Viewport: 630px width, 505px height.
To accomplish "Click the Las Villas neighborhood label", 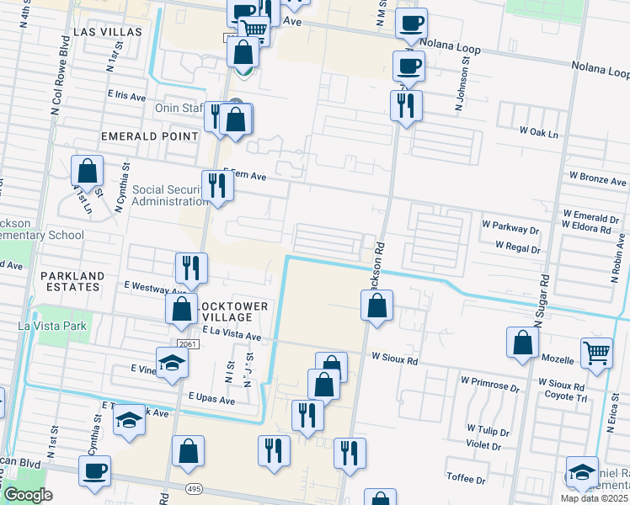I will click(x=107, y=31).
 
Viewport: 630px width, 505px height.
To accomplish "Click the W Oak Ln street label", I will click(x=539, y=132).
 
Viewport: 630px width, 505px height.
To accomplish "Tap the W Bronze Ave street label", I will click(x=597, y=179).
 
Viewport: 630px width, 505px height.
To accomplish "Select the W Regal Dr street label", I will click(x=517, y=247).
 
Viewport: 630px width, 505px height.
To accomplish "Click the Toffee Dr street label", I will click(x=467, y=480).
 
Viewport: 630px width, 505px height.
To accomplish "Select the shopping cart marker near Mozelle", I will click(x=596, y=353).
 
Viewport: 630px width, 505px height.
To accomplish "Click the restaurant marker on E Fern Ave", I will click(x=218, y=185).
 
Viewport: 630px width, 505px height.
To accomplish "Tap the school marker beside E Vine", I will click(x=173, y=362).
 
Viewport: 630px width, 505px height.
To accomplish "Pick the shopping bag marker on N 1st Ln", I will click(x=87, y=171).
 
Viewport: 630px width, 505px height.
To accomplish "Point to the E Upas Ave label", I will click(x=211, y=397).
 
